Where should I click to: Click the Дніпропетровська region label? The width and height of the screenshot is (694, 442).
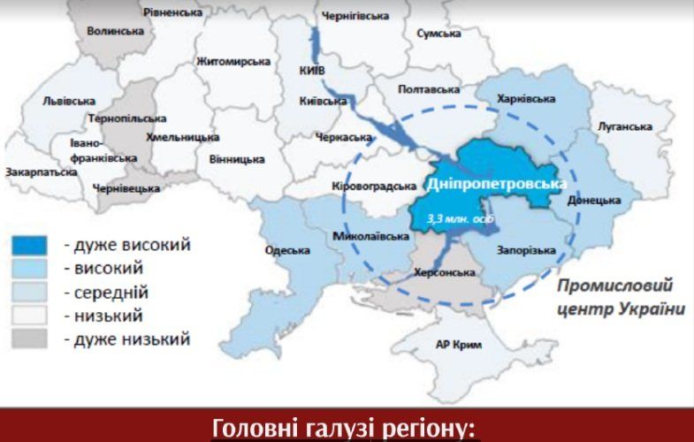click(x=496, y=184)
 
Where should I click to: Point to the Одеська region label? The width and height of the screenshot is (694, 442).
click(x=287, y=250)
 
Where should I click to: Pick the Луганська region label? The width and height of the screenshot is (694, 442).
click(x=624, y=126)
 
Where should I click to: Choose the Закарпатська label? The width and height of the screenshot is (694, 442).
click(x=41, y=172)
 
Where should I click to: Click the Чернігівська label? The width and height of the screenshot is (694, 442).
click(x=356, y=16)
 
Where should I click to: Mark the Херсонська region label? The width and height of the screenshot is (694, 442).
click(x=446, y=272)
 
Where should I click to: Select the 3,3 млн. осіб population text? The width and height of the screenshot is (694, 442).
click(x=455, y=217)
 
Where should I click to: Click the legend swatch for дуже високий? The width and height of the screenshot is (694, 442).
click(x=34, y=245)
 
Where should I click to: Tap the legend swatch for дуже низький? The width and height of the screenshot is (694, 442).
click(x=34, y=339)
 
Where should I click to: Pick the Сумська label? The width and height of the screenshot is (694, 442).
click(x=439, y=34)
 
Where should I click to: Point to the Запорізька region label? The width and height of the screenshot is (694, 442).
click(x=527, y=250)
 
